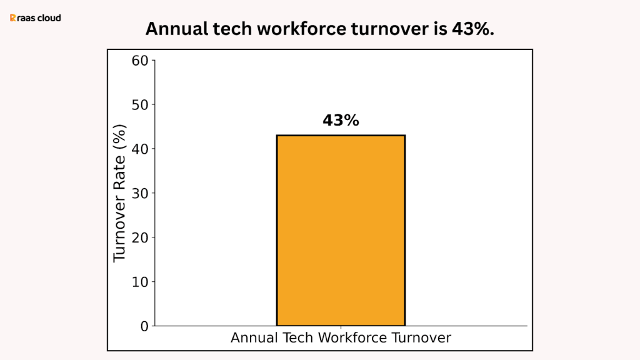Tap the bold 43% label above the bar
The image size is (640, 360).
tap(341, 121)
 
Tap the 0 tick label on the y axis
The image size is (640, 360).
tap(143, 326)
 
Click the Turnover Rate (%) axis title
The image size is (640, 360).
tap(119, 193)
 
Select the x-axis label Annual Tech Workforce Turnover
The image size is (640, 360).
tap(341, 338)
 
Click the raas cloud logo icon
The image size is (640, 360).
tap(13, 18)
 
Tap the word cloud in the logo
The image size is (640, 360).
tap(50, 18)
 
